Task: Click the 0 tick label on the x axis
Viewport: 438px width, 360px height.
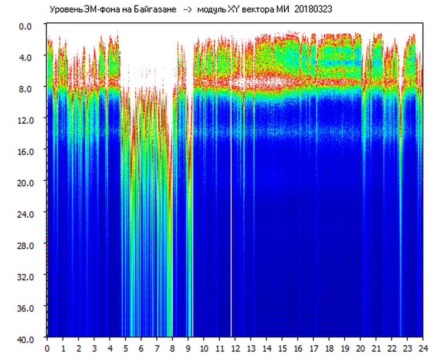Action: [47, 348]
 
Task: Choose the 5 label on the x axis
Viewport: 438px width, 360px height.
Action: [125, 348]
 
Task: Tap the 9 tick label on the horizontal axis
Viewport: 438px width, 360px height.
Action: [188, 348]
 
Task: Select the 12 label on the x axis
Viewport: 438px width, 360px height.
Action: [235, 348]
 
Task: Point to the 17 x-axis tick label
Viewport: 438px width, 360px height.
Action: [313, 348]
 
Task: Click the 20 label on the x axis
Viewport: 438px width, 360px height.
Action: [360, 348]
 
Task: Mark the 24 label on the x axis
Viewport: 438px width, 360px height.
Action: [423, 348]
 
